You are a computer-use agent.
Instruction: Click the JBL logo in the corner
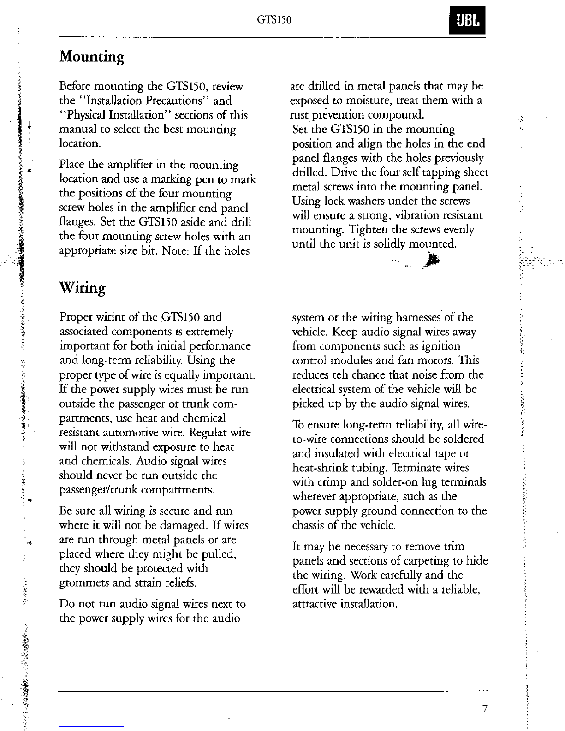click(469, 21)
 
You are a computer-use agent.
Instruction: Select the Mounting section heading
click(92, 58)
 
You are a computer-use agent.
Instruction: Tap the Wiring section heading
click(83, 288)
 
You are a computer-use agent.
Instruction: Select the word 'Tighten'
click(369, 230)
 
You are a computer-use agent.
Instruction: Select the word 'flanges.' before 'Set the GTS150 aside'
click(77, 223)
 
